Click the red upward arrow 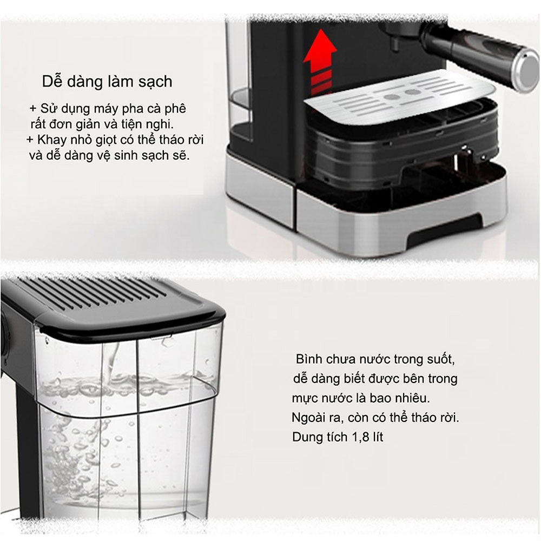(320, 62)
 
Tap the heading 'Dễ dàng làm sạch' (107, 82)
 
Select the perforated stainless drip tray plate (400, 97)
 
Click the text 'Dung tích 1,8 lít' (338, 437)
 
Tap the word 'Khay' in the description (52, 140)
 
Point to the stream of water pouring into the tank (111, 362)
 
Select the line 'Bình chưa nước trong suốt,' (375, 360)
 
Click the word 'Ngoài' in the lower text (309, 418)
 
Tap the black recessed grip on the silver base (445, 229)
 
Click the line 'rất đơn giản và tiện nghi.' (102, 124)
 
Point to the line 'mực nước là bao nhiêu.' (361, 399)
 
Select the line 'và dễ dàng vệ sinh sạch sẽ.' (109, 155)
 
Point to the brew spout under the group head (393, 43)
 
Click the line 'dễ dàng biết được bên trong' (375, 379)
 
